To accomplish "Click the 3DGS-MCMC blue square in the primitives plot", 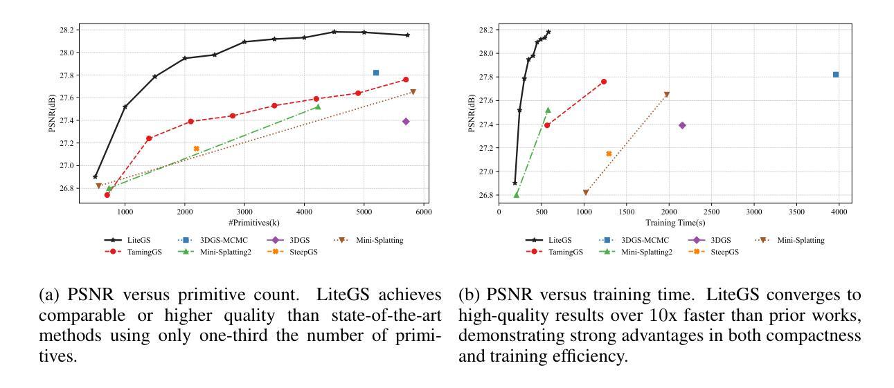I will coord(376,73).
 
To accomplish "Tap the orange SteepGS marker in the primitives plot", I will coord(196,149).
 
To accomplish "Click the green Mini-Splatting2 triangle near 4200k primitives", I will coord(318,107).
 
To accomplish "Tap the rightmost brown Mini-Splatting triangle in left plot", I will coord(413,92).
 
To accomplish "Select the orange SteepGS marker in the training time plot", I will coord(609,154).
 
